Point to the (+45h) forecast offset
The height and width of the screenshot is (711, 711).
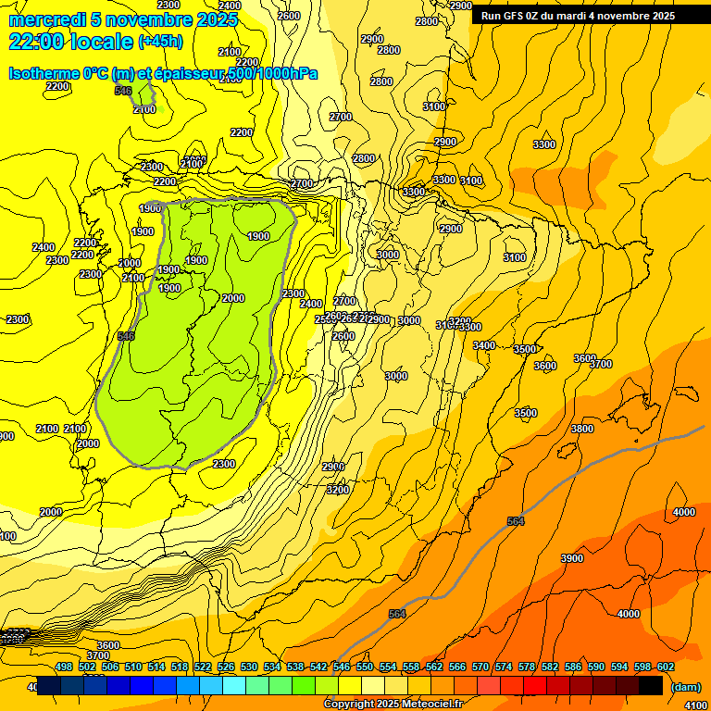(160, 42)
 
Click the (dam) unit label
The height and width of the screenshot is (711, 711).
(685, 687)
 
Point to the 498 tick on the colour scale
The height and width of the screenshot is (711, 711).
(64, 667)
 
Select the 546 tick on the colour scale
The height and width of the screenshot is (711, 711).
(342, 667)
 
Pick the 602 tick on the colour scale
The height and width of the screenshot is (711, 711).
(666, 667)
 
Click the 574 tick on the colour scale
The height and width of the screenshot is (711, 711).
(504, 667)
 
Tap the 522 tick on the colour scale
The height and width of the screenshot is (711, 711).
(203, 667)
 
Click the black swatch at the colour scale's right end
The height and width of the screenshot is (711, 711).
(651, 686)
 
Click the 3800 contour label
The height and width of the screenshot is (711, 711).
(581, 429)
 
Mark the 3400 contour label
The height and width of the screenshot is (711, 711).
(483, 345)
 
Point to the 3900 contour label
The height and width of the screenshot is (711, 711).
(572, 558)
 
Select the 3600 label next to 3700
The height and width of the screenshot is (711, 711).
(584, 358)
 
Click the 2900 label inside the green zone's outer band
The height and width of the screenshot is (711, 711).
(333, 467)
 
